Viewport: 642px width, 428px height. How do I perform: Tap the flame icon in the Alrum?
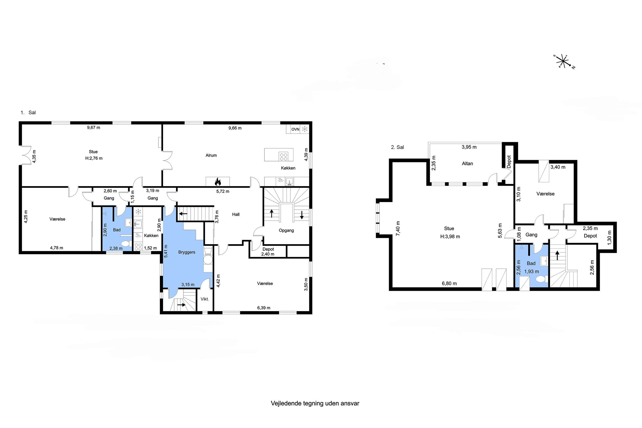click(218, 181)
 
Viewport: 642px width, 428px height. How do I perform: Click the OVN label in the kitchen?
click(295, 129)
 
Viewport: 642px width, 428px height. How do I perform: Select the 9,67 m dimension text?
click(94, 127)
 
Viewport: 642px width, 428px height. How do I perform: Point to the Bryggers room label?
click(187, 252)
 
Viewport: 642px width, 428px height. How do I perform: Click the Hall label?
click(236, 215)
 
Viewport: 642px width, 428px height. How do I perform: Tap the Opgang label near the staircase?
click(286, 230)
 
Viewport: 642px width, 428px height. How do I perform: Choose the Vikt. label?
click(205, 299)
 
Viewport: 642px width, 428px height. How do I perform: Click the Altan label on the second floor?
click(467, 163)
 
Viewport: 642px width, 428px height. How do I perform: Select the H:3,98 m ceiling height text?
click(450, 237)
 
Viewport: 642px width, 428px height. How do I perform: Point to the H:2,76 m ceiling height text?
click(94, 158)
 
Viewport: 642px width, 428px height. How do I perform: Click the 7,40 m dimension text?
click(398, 228)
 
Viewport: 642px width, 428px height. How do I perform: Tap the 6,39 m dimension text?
click(263, 308)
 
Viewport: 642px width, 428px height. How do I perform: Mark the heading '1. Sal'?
click(28, 112)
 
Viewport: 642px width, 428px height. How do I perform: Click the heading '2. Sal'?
click(397, 147)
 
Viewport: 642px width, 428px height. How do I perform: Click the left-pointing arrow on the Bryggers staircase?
click(183, 213)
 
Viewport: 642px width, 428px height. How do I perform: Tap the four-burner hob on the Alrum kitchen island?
click(284, 157)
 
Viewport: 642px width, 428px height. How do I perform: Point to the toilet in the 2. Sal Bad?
click(541, 279)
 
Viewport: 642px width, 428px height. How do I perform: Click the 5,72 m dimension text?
click(223, 191)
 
